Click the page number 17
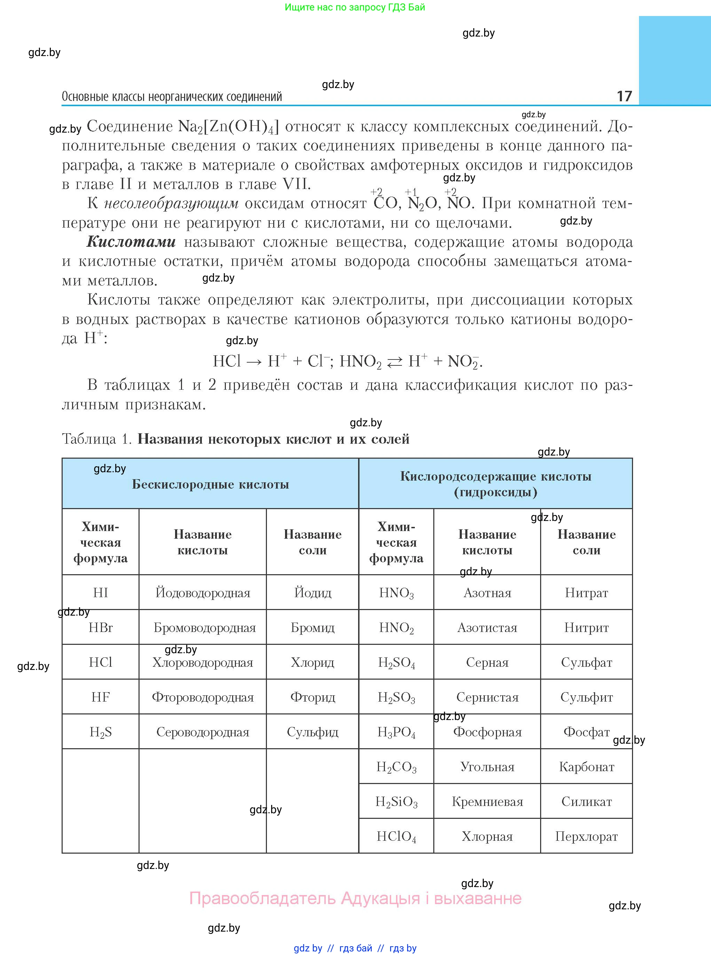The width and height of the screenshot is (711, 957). (x=624, y=96)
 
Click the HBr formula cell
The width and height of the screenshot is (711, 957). (x=100, y=628)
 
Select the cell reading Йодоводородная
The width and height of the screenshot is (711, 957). (x=203, y=593)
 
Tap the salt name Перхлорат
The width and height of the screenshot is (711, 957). (x=586, y=836)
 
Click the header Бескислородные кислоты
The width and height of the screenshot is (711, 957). (x=210, y=484)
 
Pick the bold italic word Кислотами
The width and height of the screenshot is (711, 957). (x=131, y=242)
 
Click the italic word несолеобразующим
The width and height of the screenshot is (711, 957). (x=171, y=203)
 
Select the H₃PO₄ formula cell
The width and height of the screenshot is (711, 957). (x=396, y=732)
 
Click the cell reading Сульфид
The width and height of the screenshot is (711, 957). (x=313, y=732)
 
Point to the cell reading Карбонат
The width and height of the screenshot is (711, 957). (x=586, y=767)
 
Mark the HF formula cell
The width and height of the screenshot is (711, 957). (x=100, y=697)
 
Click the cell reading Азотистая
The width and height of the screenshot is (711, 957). (x=487, y=628)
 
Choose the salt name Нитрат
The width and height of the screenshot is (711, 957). (x=586, y=593)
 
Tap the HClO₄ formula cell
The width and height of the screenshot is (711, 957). (x=396, y=836)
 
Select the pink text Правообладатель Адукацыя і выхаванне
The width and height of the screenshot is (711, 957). (x=356, y=899)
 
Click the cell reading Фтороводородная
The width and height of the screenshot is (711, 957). (x=203, y=697)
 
